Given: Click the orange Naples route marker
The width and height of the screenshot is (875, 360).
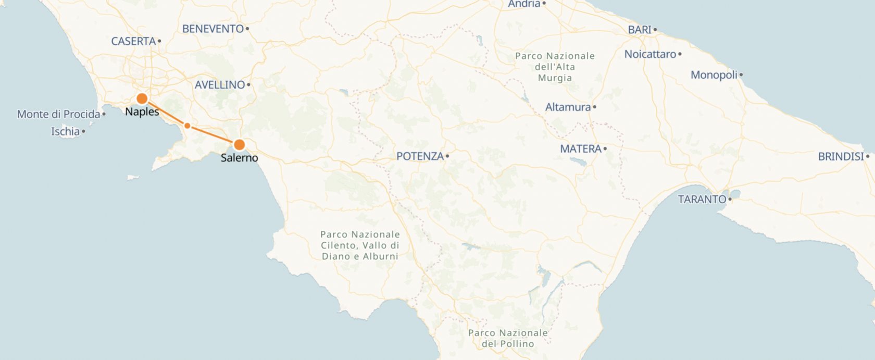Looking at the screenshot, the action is pos(142,98).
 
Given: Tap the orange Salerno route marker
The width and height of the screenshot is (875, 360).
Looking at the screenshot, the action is pos(239,144).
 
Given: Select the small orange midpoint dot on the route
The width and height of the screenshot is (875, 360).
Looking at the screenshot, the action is pos(187,126).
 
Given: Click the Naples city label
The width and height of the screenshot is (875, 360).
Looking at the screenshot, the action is pos(142,111).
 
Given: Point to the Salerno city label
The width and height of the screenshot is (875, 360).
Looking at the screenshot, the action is pos(239,157).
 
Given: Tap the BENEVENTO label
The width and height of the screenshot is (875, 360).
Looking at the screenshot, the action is pos(213,29).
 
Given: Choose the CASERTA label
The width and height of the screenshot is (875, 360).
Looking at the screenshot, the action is pos(133,41).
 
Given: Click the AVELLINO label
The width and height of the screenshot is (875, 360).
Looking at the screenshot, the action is pos(219,84).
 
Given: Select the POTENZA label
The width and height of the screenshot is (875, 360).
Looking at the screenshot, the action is pos(420,156).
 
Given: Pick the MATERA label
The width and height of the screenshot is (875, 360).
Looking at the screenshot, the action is pos(580,149).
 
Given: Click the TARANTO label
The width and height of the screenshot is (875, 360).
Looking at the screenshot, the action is pos(702,199).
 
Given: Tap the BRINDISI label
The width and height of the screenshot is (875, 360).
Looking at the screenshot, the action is pos(841,156).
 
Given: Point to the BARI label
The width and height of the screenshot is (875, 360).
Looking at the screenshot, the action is pos(640,30).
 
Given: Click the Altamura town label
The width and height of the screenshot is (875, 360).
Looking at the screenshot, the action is pos(568,107).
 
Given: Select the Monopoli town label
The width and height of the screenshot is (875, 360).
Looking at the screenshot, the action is pos(714,75).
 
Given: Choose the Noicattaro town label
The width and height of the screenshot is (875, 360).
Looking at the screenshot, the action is pos(650,54).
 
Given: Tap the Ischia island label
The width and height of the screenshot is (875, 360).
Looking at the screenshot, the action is pos(65,131).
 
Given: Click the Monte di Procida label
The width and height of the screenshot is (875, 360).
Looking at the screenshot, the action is pos(58,114).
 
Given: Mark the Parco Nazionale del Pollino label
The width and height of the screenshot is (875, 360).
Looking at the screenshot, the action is pos(508,338).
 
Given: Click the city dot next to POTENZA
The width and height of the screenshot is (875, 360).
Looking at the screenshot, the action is pos(447,156).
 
